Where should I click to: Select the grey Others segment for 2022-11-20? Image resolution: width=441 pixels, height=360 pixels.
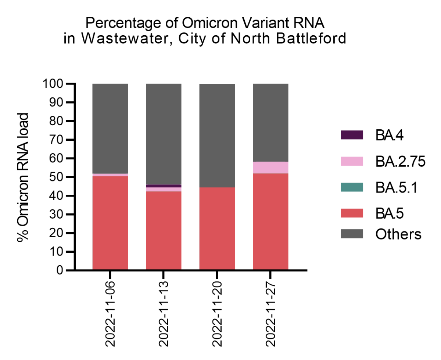pyautogui.click(x=217, y=136)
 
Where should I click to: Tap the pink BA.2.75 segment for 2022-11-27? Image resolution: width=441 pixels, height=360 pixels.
pyautogui.click(x=270, y=168)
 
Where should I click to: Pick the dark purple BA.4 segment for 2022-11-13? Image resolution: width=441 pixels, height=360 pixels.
pyautogui.click(x=164, y=186)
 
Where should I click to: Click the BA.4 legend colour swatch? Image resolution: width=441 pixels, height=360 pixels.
pyautogui.click(x=352, y=135)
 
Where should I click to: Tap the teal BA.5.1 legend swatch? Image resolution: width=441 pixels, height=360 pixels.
pyautogui.click(x=352, y=187)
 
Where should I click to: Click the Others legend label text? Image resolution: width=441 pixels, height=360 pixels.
pyautogui.click(x=398, y=234)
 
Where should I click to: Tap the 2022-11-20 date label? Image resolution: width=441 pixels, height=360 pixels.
pyautogui.click(x=217, y=314)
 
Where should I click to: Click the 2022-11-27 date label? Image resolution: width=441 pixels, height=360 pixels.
pyautogui.click(x=270, y=314)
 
